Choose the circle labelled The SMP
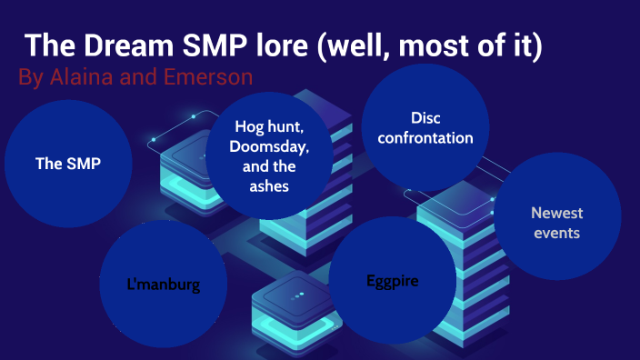68,164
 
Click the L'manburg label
164,285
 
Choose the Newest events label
556,223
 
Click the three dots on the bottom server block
297,296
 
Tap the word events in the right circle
556,233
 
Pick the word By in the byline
30,77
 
